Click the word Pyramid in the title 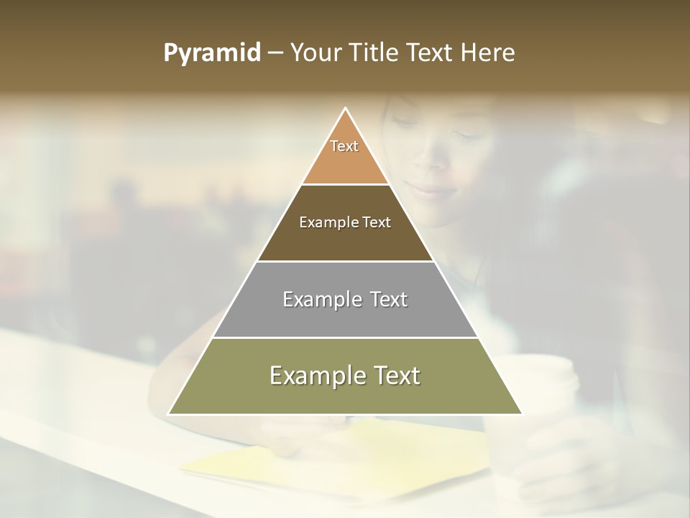click(x=211, y=53)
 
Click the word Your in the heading click(x=314, y=53)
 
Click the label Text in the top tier click(x=344, y=146)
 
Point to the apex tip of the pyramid click(x=346, y=108)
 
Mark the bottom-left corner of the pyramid click(x=169, y=414)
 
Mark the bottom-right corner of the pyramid click(x=522, y=414)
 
